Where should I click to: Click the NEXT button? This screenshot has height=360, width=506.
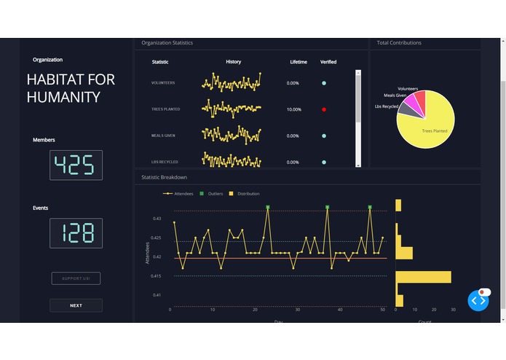pos(76,305)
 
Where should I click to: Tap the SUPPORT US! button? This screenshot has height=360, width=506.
pos(76,278)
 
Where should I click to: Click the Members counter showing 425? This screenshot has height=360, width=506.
pos(76,165)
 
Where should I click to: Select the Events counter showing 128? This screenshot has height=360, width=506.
pos(76,233)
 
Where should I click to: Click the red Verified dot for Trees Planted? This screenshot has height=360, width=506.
pos(324,109)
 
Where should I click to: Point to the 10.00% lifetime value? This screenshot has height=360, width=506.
pos(293,109)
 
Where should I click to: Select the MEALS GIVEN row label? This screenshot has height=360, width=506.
pos(165,136)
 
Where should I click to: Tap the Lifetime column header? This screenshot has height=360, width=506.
pos(299,62)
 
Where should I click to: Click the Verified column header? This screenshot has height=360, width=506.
pos(328,62)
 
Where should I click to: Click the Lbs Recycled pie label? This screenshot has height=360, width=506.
pos(387,106)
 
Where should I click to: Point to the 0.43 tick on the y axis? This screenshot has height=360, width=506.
pos(157,219)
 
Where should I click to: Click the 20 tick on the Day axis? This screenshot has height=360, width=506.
pos(255,310)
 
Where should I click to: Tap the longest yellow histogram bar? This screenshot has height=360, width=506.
pos(423,277)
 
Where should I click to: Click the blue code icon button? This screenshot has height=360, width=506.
pos(478,300)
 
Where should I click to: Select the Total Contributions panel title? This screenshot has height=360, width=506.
pos(399,43)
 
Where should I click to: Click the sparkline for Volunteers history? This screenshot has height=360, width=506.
pos(231,82)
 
